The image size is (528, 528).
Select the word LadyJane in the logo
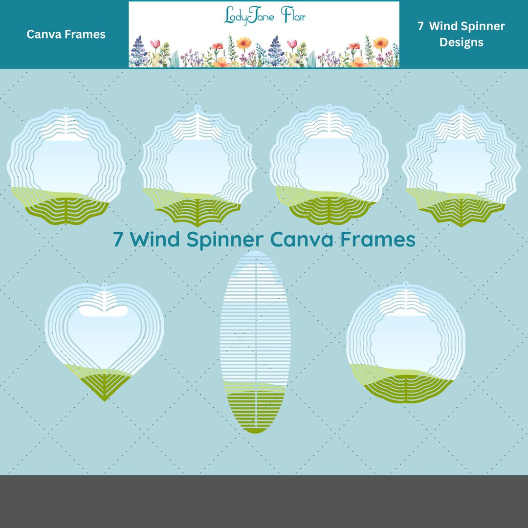point(248,16)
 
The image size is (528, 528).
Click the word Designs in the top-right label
point(461,42)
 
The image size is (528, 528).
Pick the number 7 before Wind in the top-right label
point(420,26)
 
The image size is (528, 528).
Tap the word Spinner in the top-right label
point(481,26)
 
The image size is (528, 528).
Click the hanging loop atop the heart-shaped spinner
point(104,284)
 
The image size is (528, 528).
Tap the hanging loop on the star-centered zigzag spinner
point(461,108)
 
